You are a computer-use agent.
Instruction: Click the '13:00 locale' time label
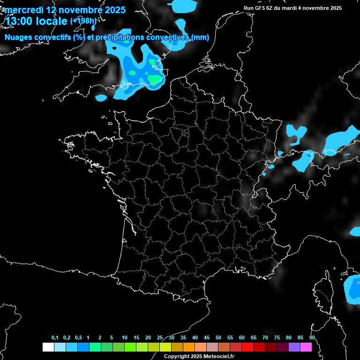tap(36, 21)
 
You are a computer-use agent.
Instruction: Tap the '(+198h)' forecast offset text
tap(83, 21)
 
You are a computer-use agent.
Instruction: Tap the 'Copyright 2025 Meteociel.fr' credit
tap(199, 356)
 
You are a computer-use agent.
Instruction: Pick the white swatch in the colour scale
tap(48, 347)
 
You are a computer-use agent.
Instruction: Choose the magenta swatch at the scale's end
tap(306, 347)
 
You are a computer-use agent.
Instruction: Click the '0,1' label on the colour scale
tap(55, 338)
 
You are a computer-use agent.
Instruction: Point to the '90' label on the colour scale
tap(312, 338)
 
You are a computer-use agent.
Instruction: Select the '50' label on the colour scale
tap(218, 338)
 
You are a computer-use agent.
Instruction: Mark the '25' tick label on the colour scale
tap(160, 338)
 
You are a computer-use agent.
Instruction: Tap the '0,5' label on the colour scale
tap(78, 338)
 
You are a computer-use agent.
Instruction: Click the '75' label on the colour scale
tap(277, 338)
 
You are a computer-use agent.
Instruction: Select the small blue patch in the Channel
tap(101, 98)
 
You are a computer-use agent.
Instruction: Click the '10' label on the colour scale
tap(125, 338)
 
